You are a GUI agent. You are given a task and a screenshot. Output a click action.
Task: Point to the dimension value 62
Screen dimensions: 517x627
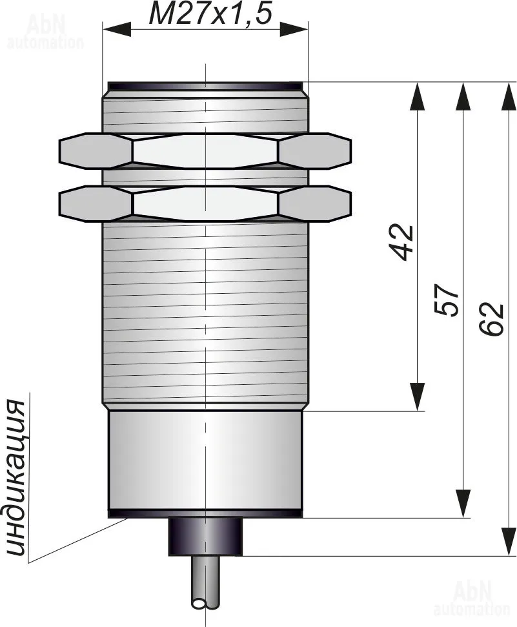491,319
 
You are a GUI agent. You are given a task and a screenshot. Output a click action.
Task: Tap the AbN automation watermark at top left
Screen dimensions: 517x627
45,32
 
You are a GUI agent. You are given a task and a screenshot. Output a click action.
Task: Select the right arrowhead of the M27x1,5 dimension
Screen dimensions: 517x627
294,29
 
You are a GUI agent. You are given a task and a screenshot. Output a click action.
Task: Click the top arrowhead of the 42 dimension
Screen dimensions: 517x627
418,96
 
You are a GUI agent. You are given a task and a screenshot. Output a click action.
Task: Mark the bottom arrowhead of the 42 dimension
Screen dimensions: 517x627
418,396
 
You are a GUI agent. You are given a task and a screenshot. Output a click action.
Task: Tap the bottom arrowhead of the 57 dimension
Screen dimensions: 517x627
463,504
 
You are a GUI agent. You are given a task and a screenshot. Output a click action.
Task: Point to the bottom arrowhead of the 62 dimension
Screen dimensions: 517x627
509,541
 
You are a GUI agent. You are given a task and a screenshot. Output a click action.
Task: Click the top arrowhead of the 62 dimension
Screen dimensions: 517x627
509,96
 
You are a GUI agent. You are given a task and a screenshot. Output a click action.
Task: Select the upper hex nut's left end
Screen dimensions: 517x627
59,151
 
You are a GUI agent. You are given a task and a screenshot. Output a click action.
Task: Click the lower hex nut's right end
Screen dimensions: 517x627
350,203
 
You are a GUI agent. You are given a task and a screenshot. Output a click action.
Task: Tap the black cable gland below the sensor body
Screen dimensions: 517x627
205,537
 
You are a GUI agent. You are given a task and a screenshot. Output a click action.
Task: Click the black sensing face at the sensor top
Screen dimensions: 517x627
205,87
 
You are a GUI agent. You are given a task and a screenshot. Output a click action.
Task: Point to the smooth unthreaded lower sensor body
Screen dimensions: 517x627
205,460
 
